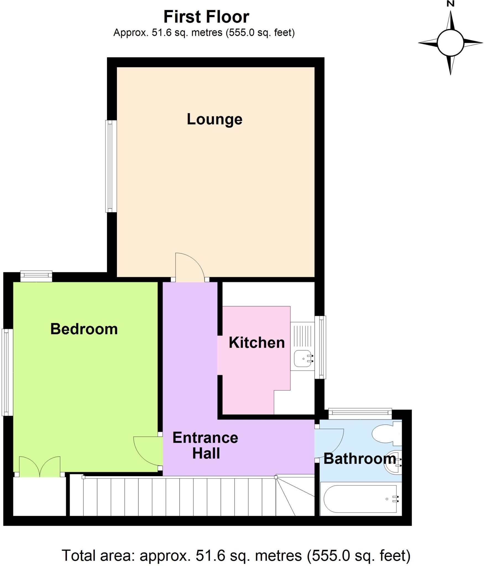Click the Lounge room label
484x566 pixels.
[214, 119]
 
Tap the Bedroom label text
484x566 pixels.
[84, 329]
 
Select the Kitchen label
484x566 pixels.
[257, 343]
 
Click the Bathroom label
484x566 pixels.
[359, 459]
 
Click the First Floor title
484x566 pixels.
[206, 17]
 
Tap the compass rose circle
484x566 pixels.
[450, 43]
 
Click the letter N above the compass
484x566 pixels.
[451, 4]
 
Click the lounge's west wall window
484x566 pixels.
[111, 166]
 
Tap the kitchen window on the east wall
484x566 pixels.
[321, 347]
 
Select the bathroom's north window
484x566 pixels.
[360, 413]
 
